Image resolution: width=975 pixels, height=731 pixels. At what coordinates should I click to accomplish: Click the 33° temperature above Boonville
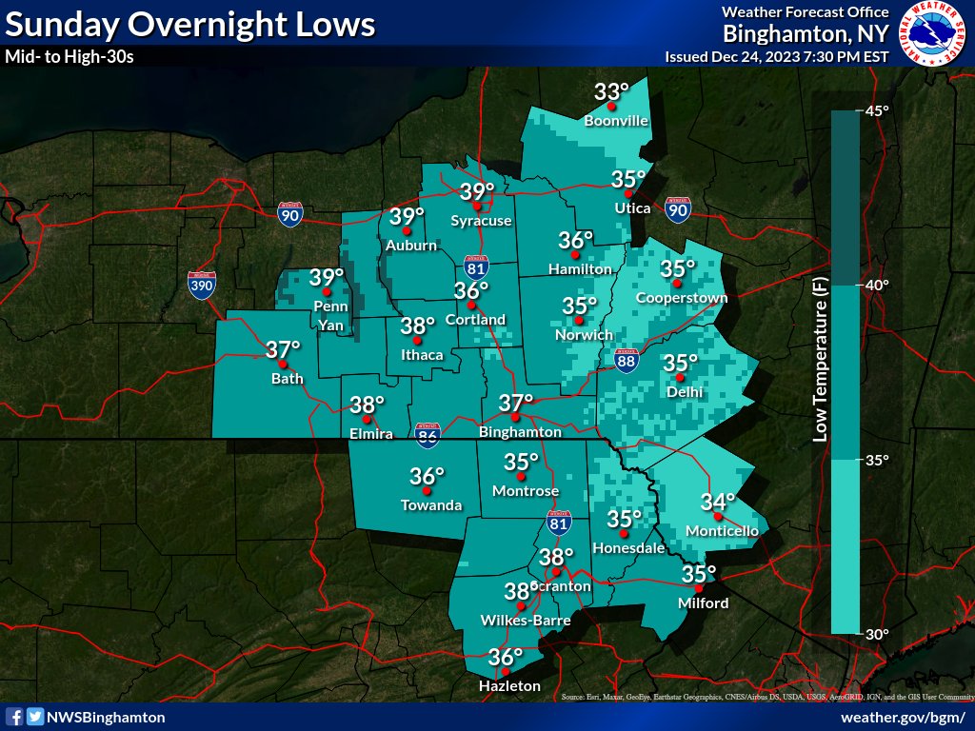point(612,92)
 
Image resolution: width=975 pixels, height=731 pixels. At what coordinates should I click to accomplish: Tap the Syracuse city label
point(481,221)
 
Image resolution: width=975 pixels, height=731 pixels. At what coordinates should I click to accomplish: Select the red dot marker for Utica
point(628,194)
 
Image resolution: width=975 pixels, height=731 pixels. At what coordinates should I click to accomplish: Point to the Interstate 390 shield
point(202,284)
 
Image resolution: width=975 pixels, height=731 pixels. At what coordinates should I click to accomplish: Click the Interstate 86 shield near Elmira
point(427,436)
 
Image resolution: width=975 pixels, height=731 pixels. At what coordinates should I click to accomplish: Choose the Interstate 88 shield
point(625,362)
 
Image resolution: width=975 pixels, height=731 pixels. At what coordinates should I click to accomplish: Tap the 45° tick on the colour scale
point(875,111)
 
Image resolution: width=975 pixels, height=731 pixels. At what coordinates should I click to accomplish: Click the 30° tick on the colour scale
point(875,634)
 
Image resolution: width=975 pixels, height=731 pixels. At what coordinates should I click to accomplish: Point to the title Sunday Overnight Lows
point(190,25)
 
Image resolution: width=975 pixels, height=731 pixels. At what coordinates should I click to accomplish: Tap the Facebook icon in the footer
point(15,717)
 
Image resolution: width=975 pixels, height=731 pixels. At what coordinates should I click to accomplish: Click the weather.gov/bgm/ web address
point(904,717)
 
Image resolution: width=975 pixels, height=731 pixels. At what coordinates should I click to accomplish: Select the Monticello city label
point(721,530)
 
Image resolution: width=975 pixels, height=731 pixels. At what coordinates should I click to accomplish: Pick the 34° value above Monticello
point(718,502)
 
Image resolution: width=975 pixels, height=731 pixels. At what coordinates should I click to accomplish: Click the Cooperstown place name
point(681,298)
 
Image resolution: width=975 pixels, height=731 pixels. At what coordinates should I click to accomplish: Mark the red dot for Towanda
point(428,491)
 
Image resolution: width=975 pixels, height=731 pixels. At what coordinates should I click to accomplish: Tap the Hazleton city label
point(509,686)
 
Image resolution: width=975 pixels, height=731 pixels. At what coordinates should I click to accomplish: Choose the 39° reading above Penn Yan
point(327,278)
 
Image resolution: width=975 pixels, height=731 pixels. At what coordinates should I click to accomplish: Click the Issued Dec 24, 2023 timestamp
point(777,56)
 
